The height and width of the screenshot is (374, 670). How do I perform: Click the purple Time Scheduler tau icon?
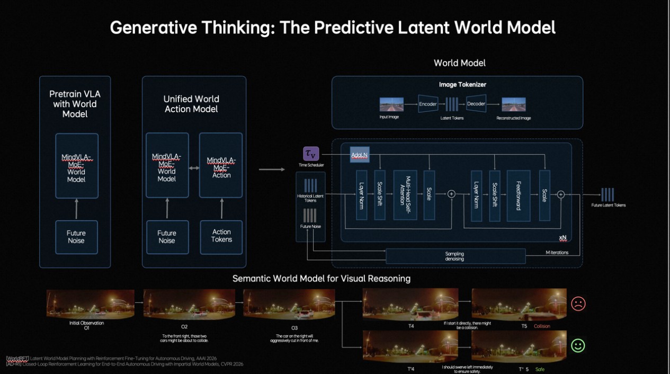(311, 154)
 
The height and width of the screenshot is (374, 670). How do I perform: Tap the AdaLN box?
(360, 155)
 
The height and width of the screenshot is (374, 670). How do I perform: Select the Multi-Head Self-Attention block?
(405, 195)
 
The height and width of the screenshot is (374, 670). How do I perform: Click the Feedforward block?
(519, 195)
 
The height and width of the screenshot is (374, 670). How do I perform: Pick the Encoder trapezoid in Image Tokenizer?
(427, 104)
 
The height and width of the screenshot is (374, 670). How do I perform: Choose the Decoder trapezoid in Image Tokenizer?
(476, 104)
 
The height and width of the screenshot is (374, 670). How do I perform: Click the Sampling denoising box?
(455, 256)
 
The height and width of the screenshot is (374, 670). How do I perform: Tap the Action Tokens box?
(221, 236)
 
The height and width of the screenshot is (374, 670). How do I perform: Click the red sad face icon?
(578, 304)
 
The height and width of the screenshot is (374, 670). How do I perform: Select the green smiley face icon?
(578, 345)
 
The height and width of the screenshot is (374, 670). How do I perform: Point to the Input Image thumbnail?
(391, 104)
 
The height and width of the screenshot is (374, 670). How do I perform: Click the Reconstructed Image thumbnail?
(514, 104)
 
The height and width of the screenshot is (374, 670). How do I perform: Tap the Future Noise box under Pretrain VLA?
(76, 237)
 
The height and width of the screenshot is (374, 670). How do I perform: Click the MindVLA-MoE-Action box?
(221, 165)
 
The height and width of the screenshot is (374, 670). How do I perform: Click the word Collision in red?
(542, 326)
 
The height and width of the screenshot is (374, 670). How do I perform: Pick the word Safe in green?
(540, 369)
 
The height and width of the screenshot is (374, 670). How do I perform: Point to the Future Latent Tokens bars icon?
(608, 194)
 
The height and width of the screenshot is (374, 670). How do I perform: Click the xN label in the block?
(562, 238)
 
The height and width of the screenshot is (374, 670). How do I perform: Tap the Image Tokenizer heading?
(462, 85)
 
